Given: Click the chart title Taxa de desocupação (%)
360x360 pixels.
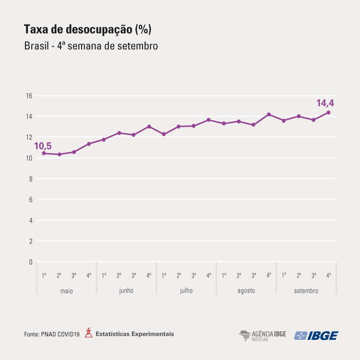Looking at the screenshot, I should [x=87, y=30].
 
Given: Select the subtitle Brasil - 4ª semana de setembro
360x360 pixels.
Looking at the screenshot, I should [x=91, y=47].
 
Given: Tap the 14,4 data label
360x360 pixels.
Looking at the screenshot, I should [x=325, y=103].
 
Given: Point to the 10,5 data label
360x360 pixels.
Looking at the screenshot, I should [x=43, y=146].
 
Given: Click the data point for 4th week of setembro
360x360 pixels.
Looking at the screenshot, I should [x=328, y=113].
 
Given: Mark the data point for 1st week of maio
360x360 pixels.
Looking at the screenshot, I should [x=44, y=153].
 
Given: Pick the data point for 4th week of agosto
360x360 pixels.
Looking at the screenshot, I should [x=269, y=114].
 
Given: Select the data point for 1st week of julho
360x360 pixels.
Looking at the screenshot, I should [x=164, y=134].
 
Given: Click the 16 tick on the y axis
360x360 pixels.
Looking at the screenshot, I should [x=29, y=96].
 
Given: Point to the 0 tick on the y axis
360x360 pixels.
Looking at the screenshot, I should [x=30, y=262].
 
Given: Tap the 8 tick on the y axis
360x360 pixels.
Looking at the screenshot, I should [x=30, y=179].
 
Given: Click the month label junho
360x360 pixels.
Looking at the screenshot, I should [x=126, y=291].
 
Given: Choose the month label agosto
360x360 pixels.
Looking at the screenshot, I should [x=246, y=291].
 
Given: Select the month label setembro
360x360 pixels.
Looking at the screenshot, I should [x=306, y=291].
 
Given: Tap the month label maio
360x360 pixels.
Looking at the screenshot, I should [x=66, y=291].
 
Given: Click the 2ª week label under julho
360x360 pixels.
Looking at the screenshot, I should [x=179, y=276].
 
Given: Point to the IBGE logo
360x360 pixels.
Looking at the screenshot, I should [x=316, y=336].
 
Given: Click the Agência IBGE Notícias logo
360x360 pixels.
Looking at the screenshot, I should [x=262, y=336].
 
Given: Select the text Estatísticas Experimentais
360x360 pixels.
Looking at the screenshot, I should [x=135, y=334].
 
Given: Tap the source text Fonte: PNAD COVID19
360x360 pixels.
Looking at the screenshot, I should [x=51, y=334].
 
